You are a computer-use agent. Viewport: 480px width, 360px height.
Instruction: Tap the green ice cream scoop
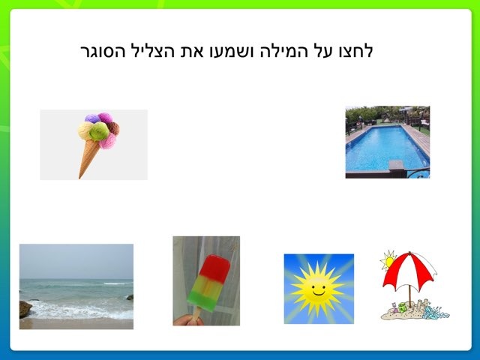98,132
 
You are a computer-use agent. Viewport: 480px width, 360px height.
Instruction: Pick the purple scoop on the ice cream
92,118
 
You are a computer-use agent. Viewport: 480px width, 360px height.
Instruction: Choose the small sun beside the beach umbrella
388,261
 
